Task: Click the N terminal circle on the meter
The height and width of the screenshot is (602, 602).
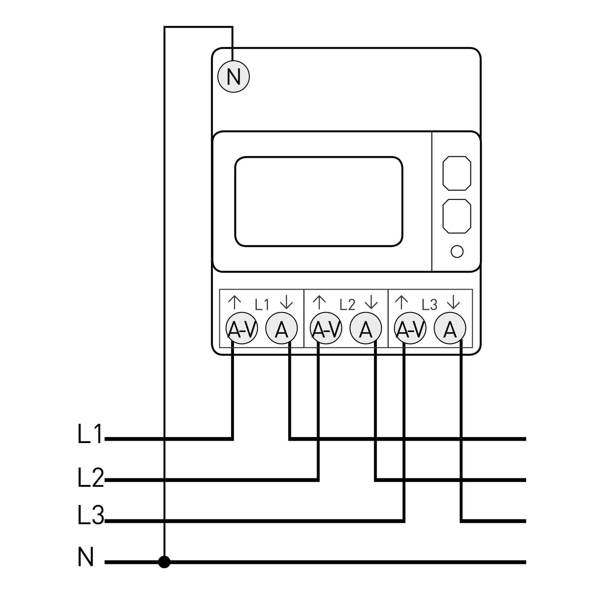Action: (234, 77)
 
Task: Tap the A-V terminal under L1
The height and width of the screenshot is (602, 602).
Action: (241, 329)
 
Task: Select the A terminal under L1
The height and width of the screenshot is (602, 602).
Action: (282, 329)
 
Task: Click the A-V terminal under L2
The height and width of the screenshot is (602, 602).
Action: (326, 329)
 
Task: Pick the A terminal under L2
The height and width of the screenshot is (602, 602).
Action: (366, 329)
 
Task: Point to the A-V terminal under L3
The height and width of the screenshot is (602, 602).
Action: (410, 329)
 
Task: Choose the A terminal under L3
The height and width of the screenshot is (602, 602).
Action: (450, 329)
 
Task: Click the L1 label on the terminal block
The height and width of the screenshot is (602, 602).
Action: (262, 305)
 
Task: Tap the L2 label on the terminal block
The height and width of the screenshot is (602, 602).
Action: (347, 305)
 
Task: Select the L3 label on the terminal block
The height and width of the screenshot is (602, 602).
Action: (429, 305)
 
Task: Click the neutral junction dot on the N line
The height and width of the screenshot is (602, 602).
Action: (164, 562)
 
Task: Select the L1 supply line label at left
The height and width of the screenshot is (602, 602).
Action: (90, 434)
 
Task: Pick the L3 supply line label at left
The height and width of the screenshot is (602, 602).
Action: (90, 516)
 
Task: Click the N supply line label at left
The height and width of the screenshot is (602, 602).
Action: (86, 557)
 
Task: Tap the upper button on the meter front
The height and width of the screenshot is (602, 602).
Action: (457, 173)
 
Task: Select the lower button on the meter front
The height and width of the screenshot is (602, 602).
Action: (457, 216)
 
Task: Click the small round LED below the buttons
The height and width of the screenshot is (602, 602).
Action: (457, 252)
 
